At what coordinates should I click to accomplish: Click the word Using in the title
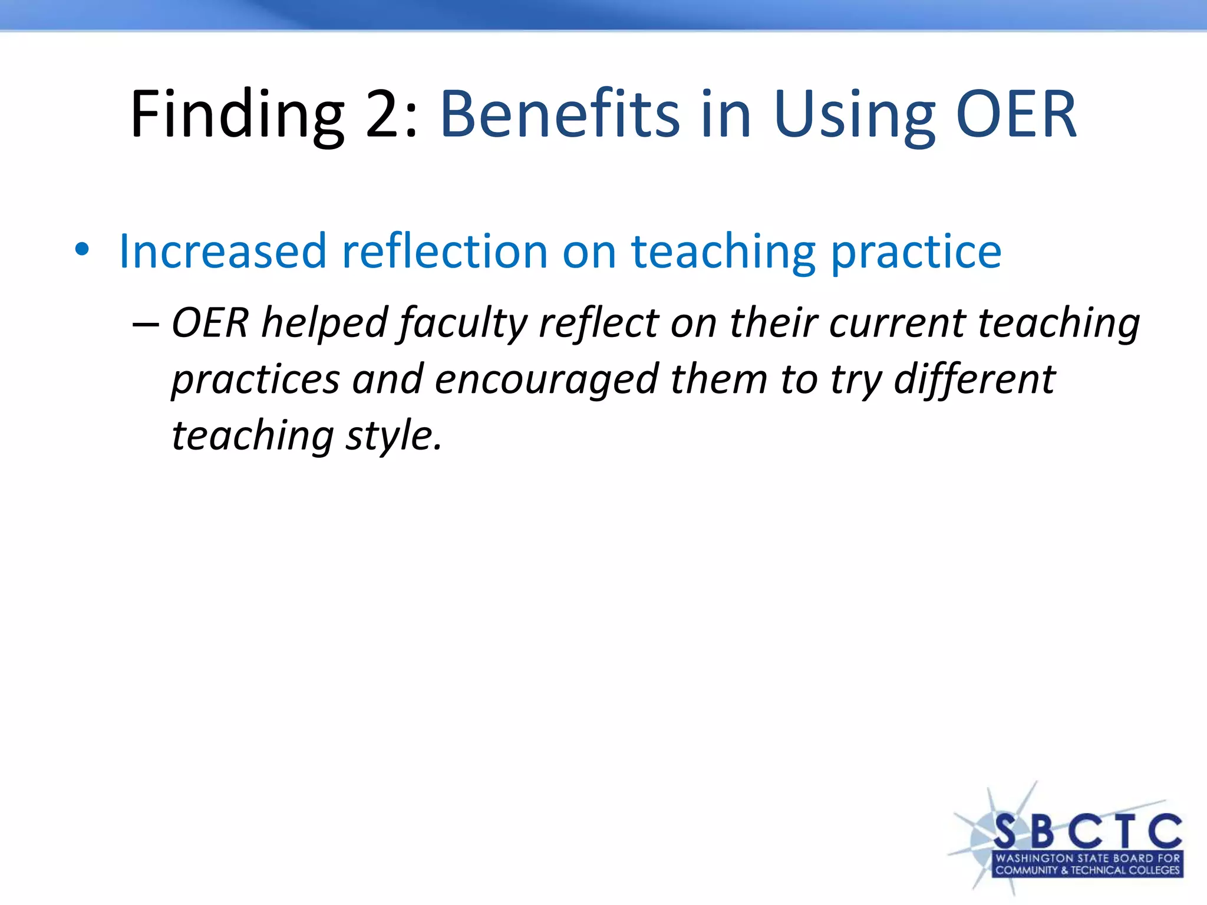(854, 115)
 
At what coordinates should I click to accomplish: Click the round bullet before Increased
(82, 250)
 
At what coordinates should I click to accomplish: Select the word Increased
(222, 252)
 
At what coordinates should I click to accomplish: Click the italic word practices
(255, 381)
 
